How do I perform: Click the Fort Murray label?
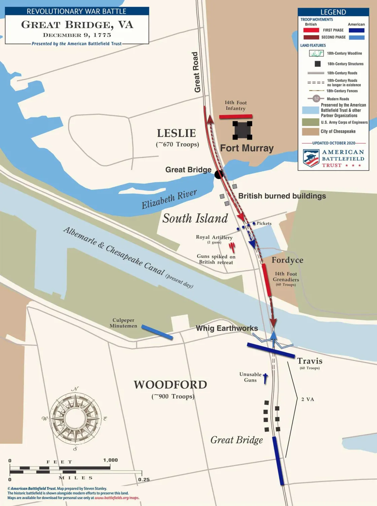point(247,148)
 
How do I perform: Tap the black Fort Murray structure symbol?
point(242,131)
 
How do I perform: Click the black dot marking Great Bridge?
point(219,174)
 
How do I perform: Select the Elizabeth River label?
point(169,199)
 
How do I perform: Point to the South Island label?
point(195,218)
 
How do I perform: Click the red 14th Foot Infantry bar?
point(236,116)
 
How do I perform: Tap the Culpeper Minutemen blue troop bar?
point(157,332)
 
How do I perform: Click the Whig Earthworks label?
point(227,328)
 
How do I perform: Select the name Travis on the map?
point(310,361)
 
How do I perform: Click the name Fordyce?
point(287,260)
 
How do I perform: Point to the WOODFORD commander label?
point(170,384)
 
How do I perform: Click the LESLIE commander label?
point(176,133)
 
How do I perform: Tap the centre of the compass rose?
point(75,418)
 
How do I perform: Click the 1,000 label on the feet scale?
point(110,460)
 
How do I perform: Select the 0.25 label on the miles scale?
point(144,479)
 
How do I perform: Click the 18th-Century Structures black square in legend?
point(317,64)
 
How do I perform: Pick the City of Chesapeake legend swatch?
point(310,132)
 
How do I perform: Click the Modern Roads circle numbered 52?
point(316,99)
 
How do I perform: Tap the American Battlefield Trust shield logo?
point(311,158)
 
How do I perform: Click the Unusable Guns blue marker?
point(265,378)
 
